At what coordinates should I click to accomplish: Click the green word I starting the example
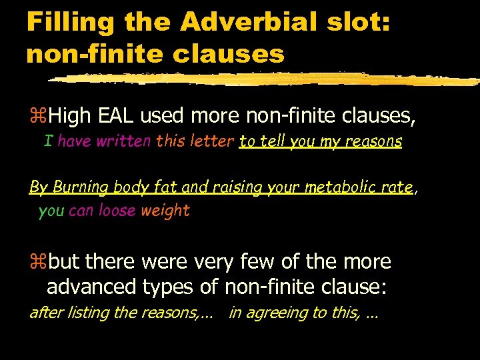tap(48, 141)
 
